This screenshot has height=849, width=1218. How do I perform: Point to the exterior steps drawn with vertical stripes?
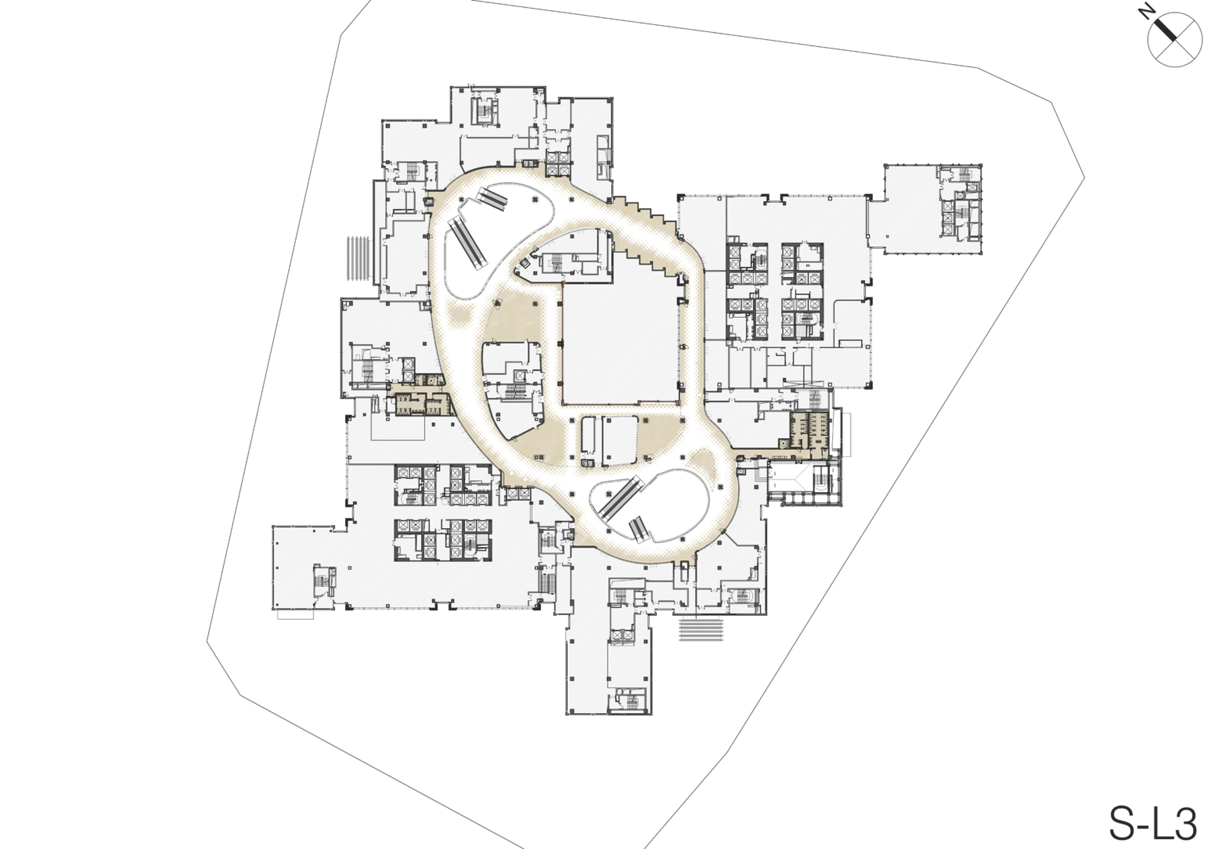(358, 259)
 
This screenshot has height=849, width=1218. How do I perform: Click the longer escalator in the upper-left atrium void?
(467, 241)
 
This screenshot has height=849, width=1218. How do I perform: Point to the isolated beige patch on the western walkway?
(459, 316)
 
